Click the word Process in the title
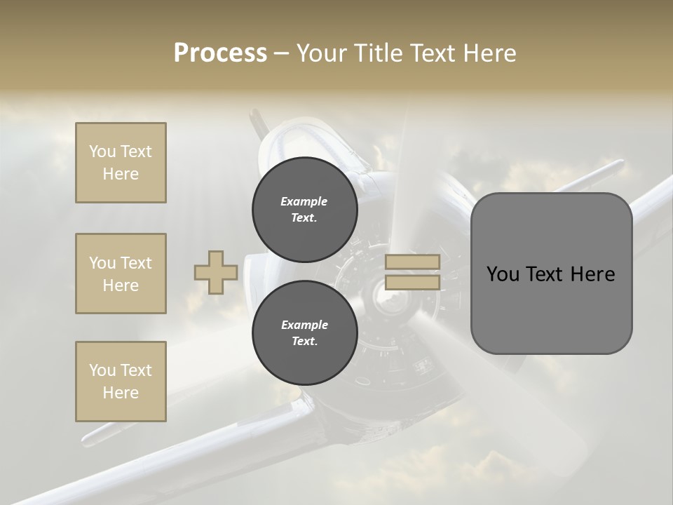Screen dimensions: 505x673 pos(220,53)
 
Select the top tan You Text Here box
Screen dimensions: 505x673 pos(121,163)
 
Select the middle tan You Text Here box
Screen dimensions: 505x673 pos(121,274)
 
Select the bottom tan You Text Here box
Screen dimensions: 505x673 pos(121,382)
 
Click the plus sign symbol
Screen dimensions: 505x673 pos(216,273)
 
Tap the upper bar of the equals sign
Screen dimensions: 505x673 pos(412,262)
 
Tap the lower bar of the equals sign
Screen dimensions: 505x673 pos(412,283)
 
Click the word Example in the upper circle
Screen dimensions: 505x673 pos(304,202)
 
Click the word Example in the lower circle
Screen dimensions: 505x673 pos(304,325)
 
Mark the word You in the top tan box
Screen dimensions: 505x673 pos(102,151)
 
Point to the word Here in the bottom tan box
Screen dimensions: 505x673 pos(121,393)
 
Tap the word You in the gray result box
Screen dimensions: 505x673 pos(502,274)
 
